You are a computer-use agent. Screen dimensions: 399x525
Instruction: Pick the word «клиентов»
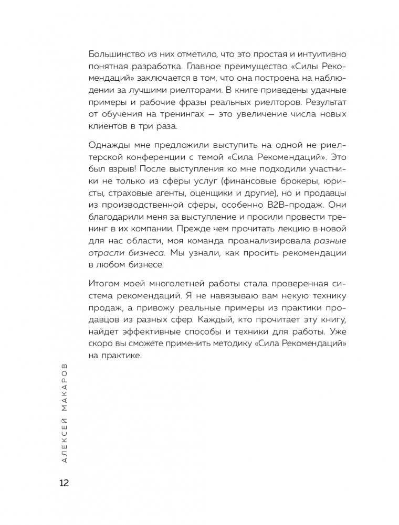(108, 126)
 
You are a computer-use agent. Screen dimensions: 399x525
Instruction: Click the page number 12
(65, 483)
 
